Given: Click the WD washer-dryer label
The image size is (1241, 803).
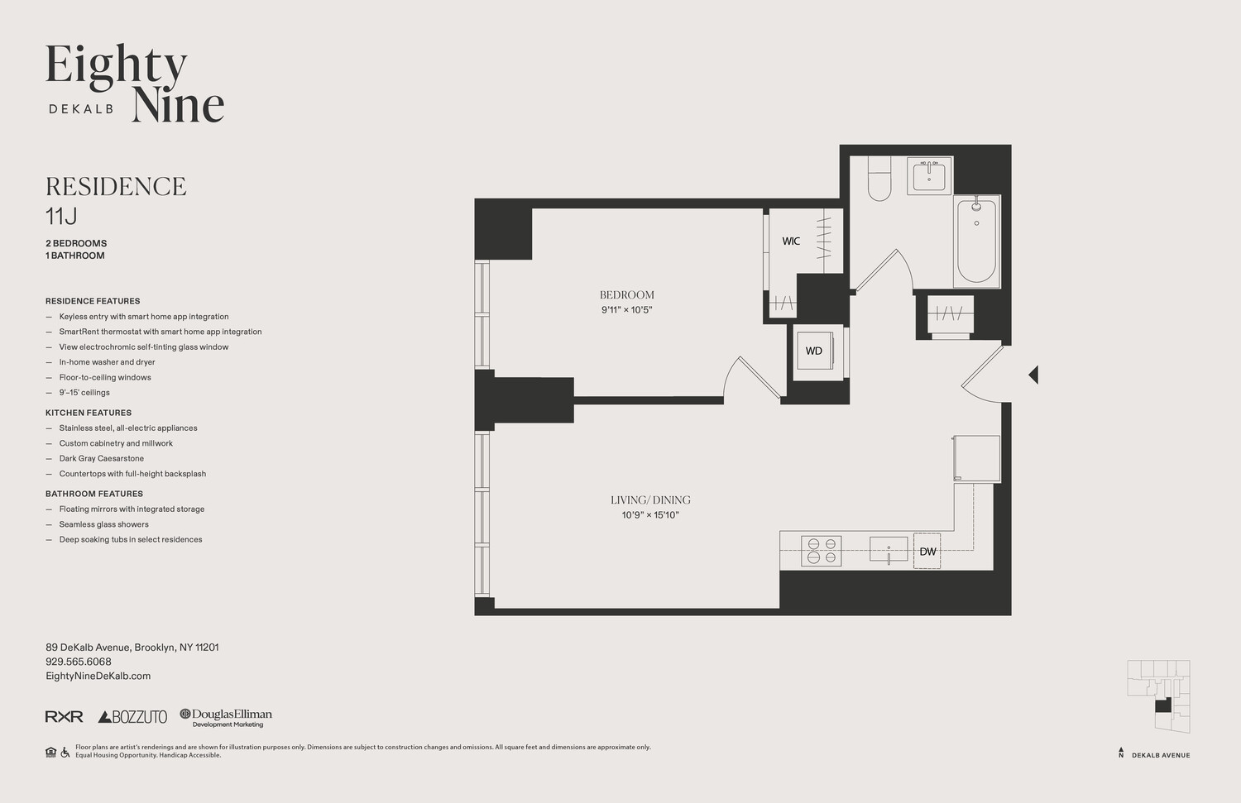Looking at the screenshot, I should (814, 351).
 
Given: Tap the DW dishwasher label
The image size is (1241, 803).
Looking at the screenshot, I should (927, 552).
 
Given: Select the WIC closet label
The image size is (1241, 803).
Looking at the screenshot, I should (791, 241).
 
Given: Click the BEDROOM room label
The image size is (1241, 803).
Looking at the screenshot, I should (626, 295).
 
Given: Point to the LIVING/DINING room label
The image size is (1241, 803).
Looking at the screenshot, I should (650, 500).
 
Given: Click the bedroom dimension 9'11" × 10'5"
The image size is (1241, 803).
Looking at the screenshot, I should (627, 310).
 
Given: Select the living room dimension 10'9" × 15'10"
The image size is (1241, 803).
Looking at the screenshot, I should (650, 515).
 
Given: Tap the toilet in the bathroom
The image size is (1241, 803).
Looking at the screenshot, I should (879, 181).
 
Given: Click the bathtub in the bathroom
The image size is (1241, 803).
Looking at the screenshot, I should (976, 240).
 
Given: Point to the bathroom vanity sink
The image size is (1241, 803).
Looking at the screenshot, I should (929, 175).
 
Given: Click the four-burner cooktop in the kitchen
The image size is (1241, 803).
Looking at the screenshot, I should (821, 552).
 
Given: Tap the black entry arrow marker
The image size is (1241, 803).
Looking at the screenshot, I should (1033, 375).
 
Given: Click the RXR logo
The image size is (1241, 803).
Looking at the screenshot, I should (64, 717).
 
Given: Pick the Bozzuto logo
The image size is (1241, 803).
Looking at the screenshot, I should (132, 717).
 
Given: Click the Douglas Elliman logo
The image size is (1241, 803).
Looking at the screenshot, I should (226, 717).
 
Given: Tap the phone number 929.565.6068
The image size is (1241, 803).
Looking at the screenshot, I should (79, 662).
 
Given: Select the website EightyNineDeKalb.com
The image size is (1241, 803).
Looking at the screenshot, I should (98, 676).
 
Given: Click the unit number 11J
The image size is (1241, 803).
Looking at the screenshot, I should (61, 217).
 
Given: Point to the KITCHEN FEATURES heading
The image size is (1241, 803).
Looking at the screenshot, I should (89, 413).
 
